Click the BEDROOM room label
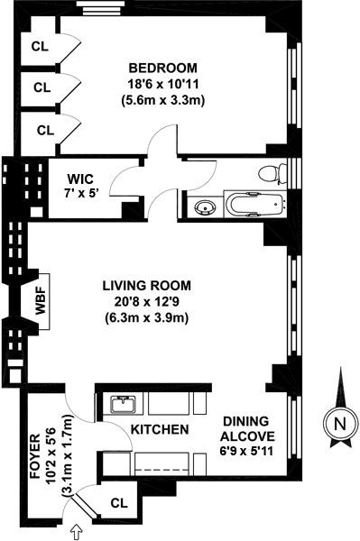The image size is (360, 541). (x=163, y=68)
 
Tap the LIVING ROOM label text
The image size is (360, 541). (x=147, y=286)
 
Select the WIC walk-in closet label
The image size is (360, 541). (x=80, y=179)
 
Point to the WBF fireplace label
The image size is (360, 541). (x=41, y=301)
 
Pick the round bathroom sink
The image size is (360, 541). (x=205, y=207)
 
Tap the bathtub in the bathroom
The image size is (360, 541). (x=255, y=204)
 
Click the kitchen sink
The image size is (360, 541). (x=124, y=404)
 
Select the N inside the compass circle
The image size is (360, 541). (x=340, y=424)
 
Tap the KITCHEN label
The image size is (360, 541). (x=160, y=429)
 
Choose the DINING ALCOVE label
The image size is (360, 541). (x=247, y=428)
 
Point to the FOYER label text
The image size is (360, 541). (x=35, y=456)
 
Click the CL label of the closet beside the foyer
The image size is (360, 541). (x=119, y=503)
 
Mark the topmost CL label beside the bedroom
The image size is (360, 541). (x=40, y=46)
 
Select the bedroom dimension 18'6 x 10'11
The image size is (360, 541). (x=163, y=84)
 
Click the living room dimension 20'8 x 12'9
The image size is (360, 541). (x=147, y=302)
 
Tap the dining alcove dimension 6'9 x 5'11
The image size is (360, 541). (x=246, y=451)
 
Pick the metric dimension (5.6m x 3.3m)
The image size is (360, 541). (x=163, y=100)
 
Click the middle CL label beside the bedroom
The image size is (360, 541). (x=42, y=87)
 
